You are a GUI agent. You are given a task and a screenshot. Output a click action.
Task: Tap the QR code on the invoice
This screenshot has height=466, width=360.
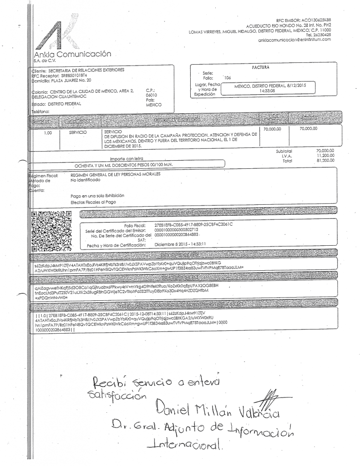pos(50,232)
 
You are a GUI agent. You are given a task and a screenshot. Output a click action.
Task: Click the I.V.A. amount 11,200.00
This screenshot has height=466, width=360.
pos(325,156)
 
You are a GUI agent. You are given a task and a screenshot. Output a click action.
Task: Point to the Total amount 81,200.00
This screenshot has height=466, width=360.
pos(325,161)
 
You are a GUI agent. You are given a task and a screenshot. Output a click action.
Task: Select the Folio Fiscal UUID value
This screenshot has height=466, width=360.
pos(193,225)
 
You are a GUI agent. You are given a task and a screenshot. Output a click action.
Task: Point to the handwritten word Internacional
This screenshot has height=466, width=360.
pos(185,444)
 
